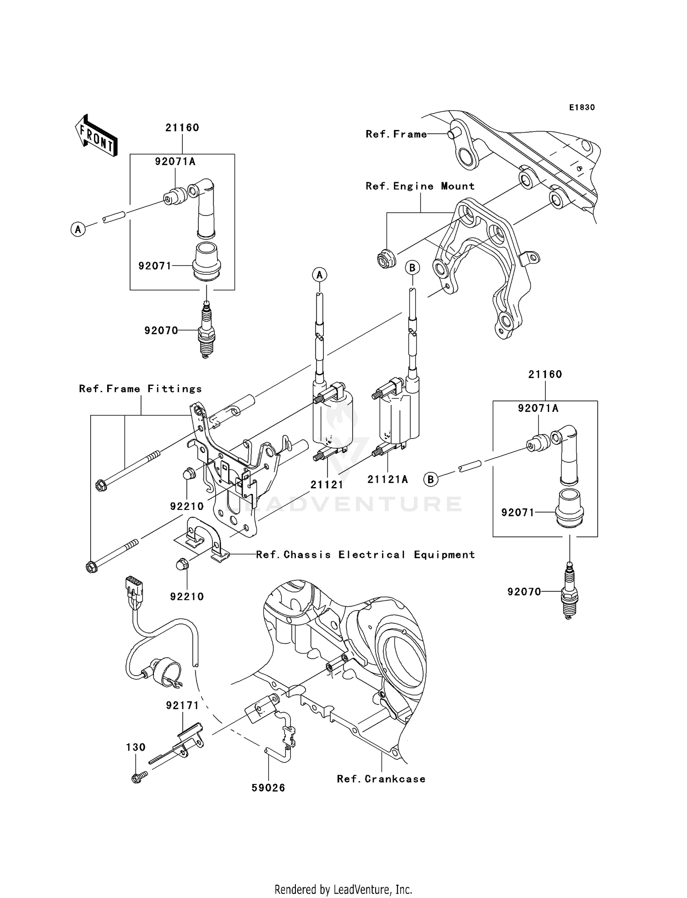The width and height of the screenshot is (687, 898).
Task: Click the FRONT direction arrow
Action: coord(97,136)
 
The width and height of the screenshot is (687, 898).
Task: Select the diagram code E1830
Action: coord(582,108)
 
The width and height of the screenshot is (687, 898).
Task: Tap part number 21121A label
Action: coord(387,479)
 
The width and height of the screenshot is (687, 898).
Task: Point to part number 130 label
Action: coord(136,747)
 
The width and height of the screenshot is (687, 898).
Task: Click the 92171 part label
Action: coord(182,705)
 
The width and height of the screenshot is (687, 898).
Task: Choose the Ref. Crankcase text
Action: coord(381,779)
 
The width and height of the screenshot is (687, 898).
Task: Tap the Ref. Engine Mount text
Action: coord(420,186)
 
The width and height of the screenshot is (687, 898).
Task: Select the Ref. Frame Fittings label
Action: coord(140,389)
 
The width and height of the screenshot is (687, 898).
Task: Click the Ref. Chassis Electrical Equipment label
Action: coord(365,555)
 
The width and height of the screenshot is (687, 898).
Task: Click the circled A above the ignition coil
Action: coord(320,275)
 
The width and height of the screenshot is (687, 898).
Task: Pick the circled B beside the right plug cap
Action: coord(430,479)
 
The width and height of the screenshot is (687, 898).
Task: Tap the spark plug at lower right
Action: coord(569,592)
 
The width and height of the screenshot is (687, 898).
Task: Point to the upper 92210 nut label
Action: coord(187,506)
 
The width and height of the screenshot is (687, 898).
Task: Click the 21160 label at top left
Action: coord(182,128)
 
